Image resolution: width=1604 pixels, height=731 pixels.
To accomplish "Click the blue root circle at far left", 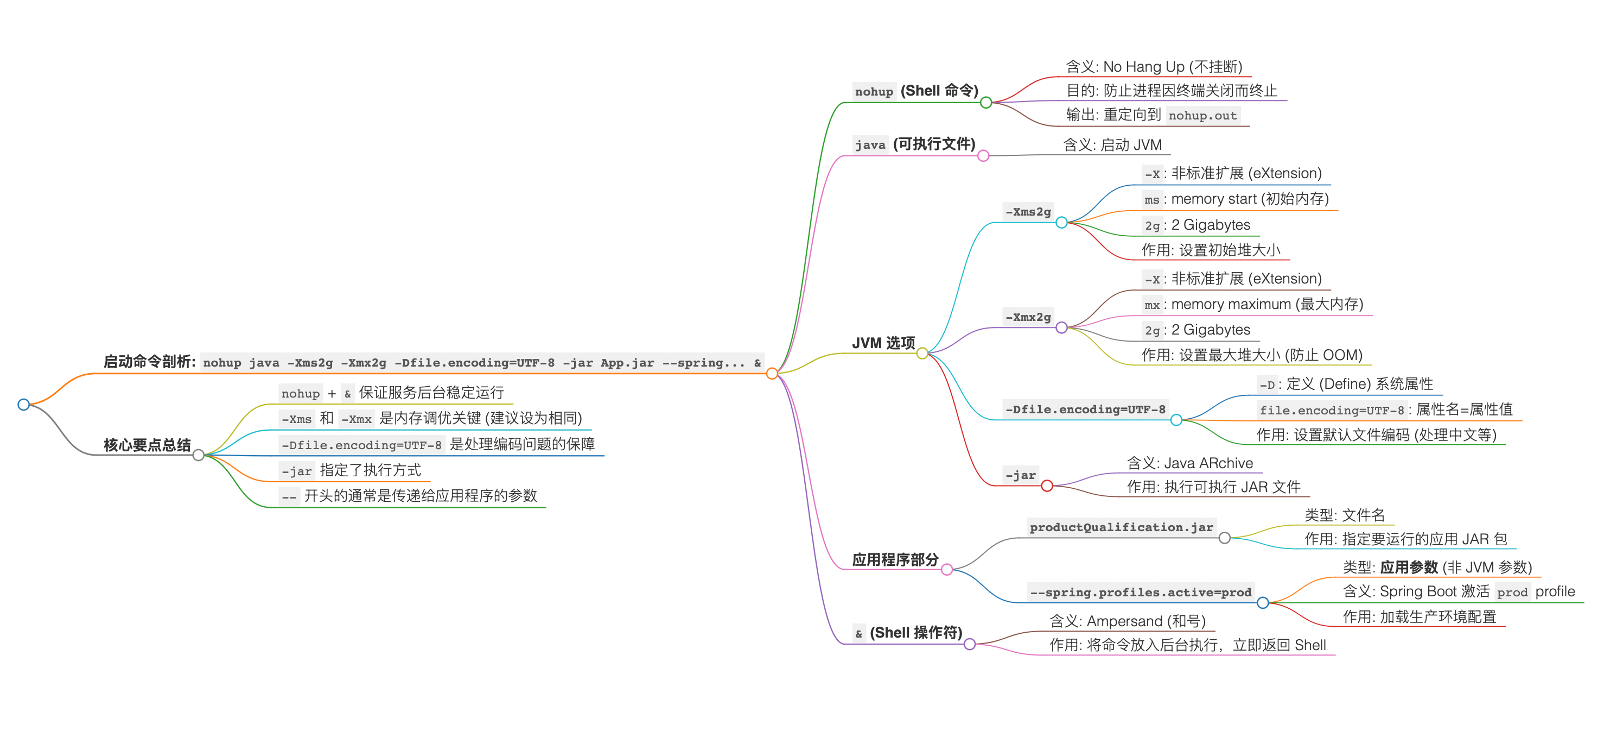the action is [24, 405].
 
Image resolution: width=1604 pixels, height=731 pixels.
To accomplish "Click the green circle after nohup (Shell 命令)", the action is [986, 102].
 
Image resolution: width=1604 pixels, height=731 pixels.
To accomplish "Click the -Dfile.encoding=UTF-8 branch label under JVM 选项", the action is [1085, 409].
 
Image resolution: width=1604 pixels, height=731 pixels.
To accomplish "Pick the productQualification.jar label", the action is [1121, 527].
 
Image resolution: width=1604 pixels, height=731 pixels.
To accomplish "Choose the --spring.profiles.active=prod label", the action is [1140, 592].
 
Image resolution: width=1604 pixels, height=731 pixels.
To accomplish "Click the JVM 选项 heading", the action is [883, 343].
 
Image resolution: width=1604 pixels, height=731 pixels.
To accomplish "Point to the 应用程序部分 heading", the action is [895, 559].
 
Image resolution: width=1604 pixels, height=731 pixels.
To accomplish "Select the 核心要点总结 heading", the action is [147, 445].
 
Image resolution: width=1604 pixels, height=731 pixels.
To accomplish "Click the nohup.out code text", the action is [1202, 115].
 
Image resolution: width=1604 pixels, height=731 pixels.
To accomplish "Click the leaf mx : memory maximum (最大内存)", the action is [1253, 305].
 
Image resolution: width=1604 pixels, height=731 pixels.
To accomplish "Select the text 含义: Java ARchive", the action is [1189, 463].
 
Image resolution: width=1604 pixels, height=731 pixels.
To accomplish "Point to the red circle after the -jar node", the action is [1047, 486].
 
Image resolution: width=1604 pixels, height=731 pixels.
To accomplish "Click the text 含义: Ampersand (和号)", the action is [1127, 621].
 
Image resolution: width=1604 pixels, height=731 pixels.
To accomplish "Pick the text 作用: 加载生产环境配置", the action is [1419, 617].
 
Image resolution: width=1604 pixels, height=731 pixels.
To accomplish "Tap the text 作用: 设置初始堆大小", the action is [1211, 250].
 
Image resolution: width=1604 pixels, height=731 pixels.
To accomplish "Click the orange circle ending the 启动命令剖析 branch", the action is [772, 373].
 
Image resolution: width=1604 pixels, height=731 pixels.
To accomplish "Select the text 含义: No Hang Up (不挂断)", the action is [1153, 67].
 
